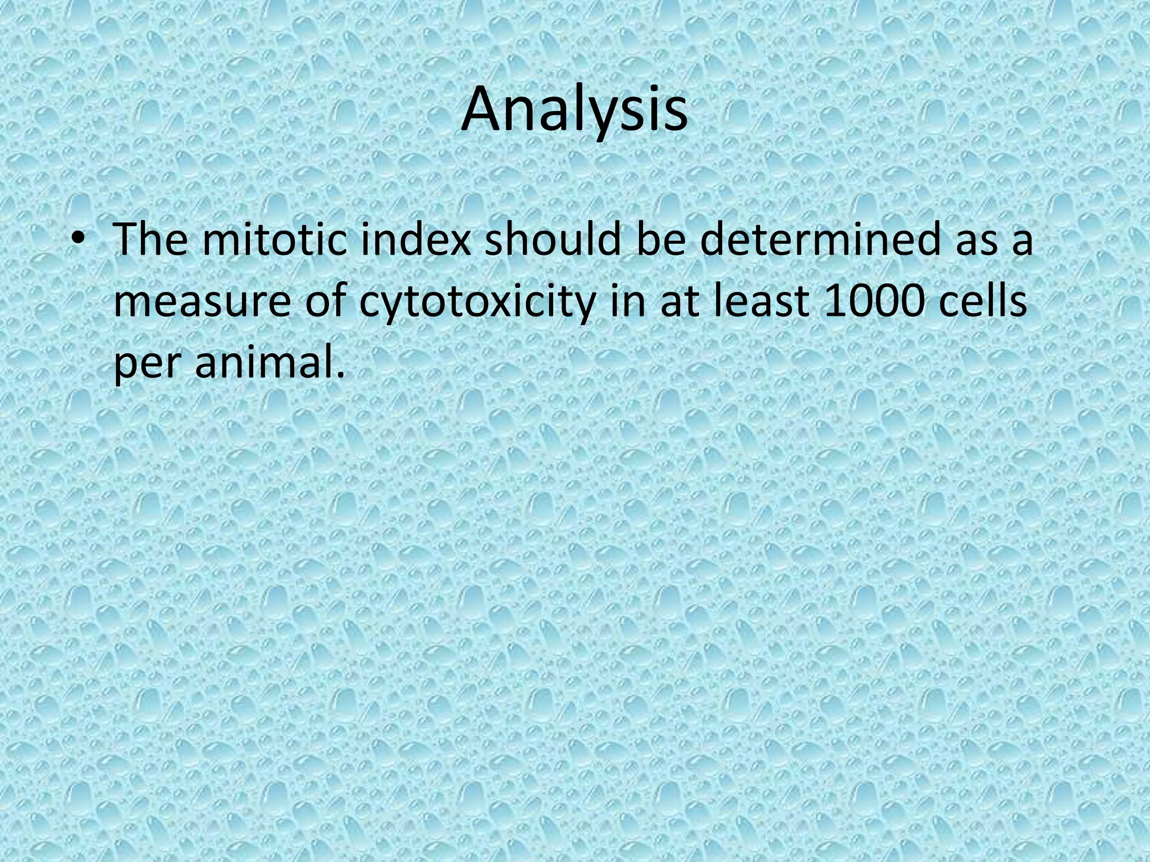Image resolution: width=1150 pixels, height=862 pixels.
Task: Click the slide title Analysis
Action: point(574,111)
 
